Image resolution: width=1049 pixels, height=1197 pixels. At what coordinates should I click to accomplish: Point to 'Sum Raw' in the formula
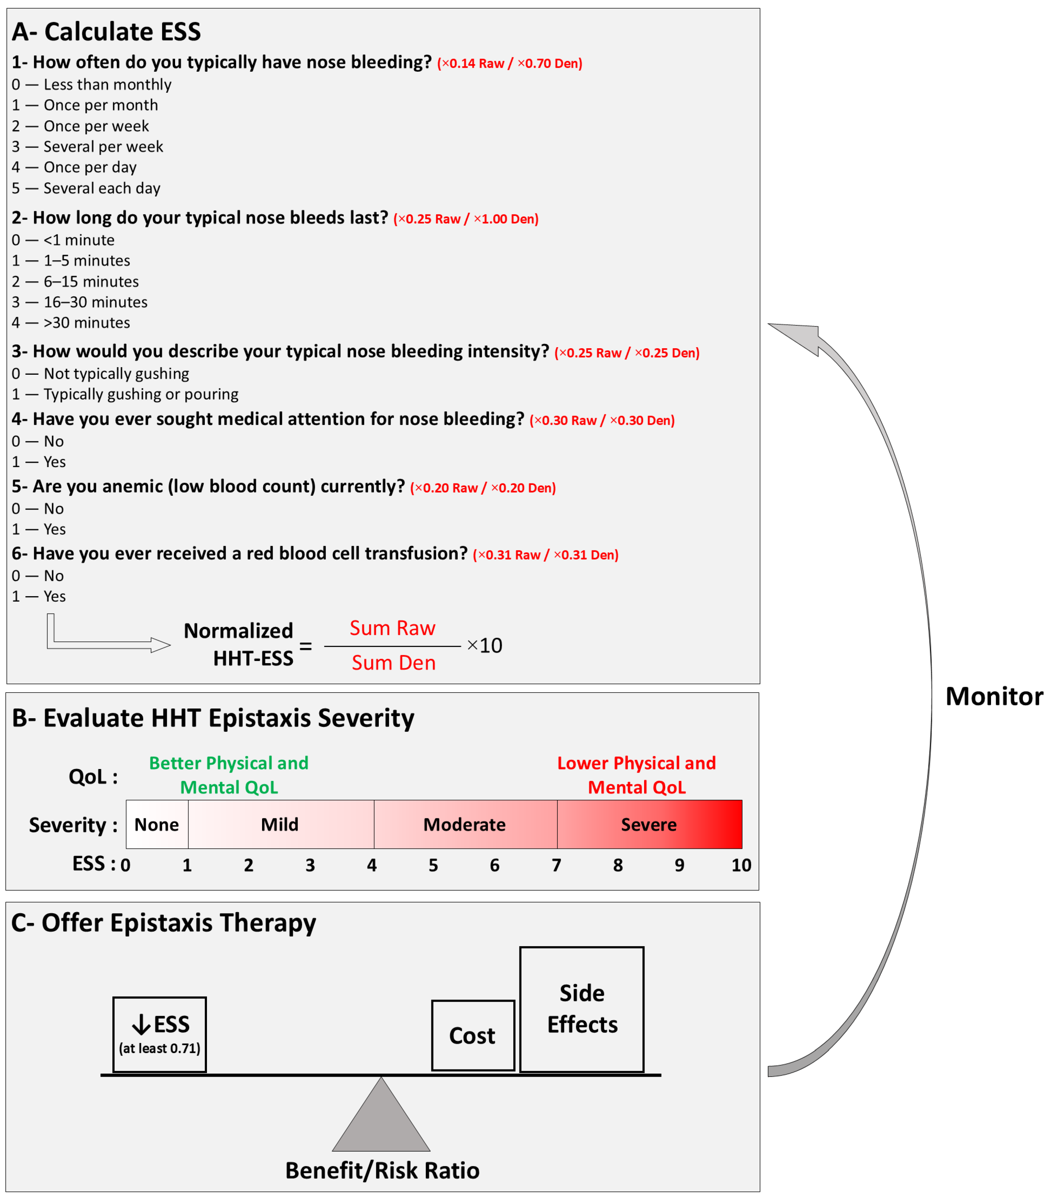point(392,628)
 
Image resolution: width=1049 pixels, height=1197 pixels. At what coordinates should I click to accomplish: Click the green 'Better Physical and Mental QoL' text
point(229,775)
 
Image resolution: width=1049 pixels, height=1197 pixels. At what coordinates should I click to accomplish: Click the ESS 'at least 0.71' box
point(160,1034)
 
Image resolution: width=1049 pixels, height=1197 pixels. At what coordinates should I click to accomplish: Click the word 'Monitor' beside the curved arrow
point(994,697)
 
